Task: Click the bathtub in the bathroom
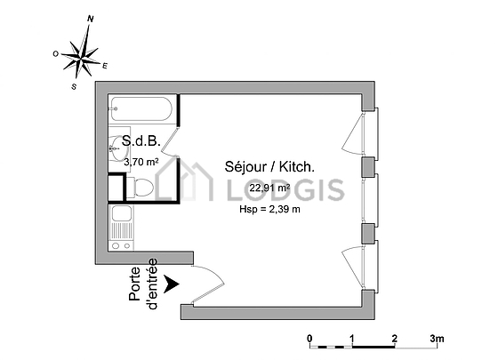pyautogui.click(x=141, y=108)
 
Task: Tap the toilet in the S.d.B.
pyautogui.click(x=141, y=188)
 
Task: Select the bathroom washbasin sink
pyautogui.click(x=117, y=148)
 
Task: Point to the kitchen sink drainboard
pyautogui.click(x=120, y=231)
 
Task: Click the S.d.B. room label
pyautogui.click(x=141, y=141)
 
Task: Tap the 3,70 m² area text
pyautogui.click(x=141, y=163)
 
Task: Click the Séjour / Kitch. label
pyautogui.click(x=269, y=167)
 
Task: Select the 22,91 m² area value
pyautogui.click(x=269, y=188)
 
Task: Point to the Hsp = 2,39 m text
pyautogui.click(x=269, y=209)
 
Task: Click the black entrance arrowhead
pyautogui.click(x=171, y=284)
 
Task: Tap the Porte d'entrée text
pyautogui.click(x=143, y=284)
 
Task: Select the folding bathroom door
pyautogui.click(x=171, y=142)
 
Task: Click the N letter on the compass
pyautogui.click(x=91, y=19)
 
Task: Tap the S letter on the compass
pyautogui.click(x=74, y=86)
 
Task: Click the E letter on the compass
pyautogui.click(x=105, y=66)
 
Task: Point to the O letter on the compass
pyautogui.click(x=55, y=54)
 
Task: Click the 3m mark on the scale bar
pyautogui.click(x=437, y=339)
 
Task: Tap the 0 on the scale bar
pyautogui.click(x=309, y=339)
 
